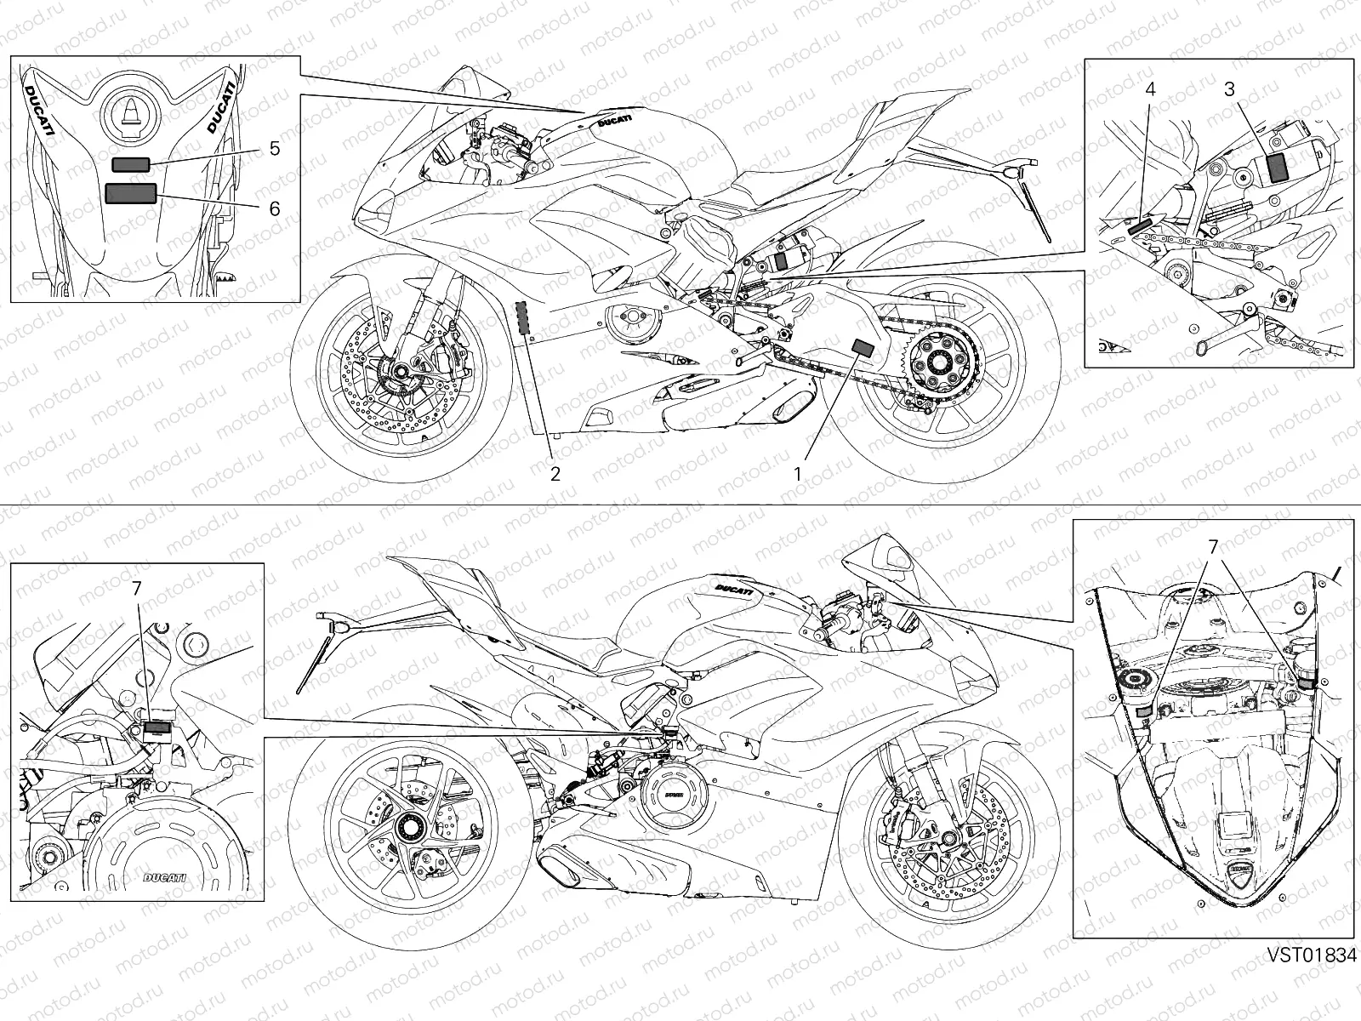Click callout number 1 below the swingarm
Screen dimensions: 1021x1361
pyautogui.click(x=798, y=473)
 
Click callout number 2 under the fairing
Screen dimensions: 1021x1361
pyautogui.click(x=555, y=473)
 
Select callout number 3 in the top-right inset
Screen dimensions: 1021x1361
pyautogui.click(x=1229, y=88)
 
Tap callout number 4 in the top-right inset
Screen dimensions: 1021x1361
pyautogui.click(x=1149, y=88)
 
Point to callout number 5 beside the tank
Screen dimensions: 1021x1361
pyautogui.click(x=274, y=148)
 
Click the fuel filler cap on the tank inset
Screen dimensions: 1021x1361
pyautogui.click(x=131, y=114)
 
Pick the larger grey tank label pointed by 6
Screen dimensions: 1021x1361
pyautogui.click(x=131, y=193)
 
